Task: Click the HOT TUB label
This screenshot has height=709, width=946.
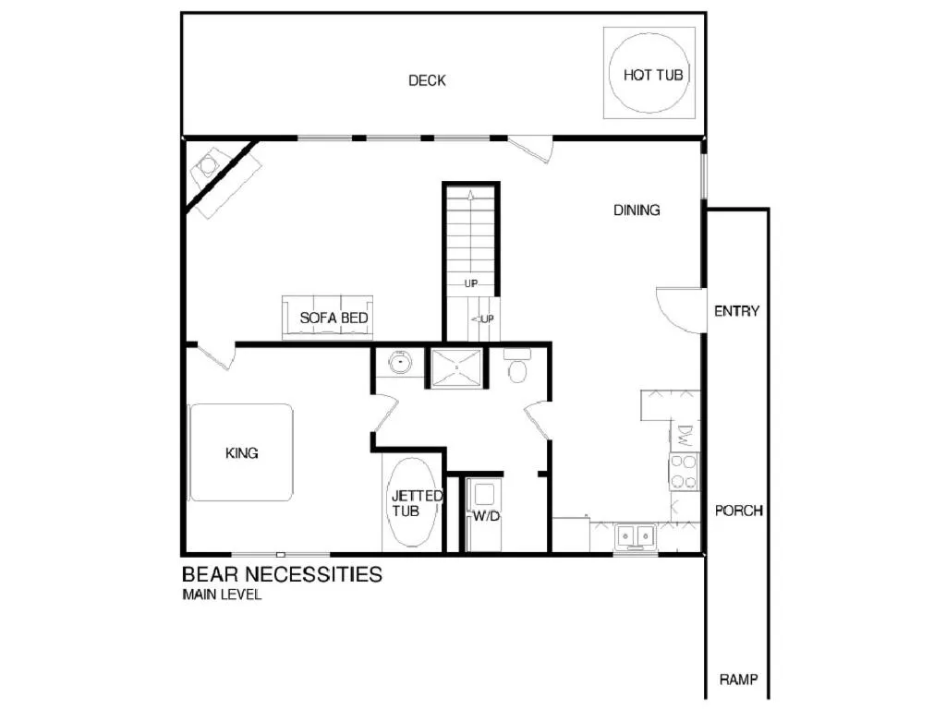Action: click(653, 75)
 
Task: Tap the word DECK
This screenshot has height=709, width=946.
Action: click(427, 80)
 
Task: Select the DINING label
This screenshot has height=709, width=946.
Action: click(637, 210)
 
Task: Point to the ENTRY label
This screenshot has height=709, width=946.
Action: click(736, 311)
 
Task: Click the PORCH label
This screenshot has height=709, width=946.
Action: click(739, 511)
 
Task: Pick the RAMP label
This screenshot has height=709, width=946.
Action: click(739, 680)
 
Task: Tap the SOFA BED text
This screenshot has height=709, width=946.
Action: click(334, 318)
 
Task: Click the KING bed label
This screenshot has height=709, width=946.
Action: click(242, 453)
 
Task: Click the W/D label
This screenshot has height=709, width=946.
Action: click(486, 516)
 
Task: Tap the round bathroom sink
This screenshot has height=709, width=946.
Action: click(399, 363)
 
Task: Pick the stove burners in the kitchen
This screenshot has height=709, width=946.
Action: click(685, 471)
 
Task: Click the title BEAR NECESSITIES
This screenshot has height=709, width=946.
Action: click(282, 574)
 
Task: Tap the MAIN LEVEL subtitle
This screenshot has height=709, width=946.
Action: click(222, 595)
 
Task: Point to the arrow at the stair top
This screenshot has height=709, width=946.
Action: click(470, 195)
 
